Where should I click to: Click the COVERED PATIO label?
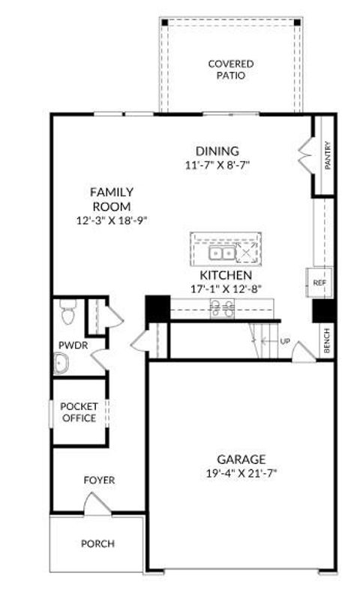(230, 70)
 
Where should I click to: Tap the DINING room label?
(217, 151)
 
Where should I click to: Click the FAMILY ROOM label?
(112, 199)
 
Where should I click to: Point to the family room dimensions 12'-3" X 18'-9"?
(112, 220)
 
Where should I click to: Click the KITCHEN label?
(225, 276)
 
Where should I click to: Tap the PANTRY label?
(327, 156)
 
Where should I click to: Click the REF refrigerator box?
(319, 283)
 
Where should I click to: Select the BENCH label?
(327, 341)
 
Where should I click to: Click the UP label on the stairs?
(284, 341)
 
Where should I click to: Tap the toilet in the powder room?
(67, 312)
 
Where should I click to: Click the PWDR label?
(70, 346)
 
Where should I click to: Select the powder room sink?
(63, 364)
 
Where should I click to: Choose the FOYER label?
(99, 480)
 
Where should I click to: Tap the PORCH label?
(98, 544)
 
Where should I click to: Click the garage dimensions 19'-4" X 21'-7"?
(241, 474)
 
